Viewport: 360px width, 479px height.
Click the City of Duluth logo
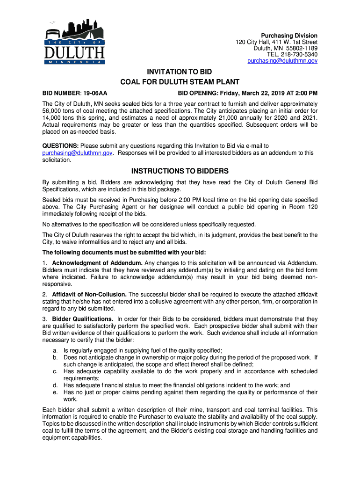point(75,42)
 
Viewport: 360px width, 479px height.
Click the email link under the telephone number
point(282,61)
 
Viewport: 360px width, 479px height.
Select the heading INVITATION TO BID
point(180,73)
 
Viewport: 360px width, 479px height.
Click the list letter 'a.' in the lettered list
point(55,350)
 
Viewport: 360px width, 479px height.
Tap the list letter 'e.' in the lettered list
point(55,392)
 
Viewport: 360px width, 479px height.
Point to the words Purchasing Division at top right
point(289,36)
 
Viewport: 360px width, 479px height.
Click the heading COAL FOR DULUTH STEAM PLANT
point(180,82)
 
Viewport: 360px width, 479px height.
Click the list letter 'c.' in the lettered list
point(55,371)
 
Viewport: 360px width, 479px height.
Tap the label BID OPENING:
point(200,93)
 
